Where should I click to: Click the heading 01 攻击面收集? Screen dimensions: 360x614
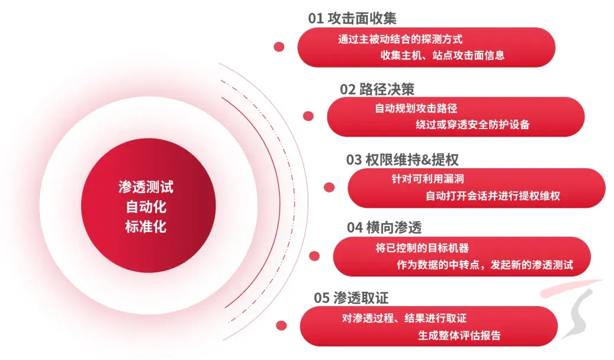348,18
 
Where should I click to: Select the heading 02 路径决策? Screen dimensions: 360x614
377,89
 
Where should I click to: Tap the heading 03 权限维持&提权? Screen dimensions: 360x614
402,159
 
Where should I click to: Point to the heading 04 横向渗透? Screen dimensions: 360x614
384,227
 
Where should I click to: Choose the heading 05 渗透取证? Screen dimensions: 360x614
352,298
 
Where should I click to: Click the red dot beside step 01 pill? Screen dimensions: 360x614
279,47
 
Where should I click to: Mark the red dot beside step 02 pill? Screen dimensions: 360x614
308,116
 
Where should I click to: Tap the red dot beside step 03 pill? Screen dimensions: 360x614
329,187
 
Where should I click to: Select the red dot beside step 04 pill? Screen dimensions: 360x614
314,256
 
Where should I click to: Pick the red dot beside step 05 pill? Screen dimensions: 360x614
281,325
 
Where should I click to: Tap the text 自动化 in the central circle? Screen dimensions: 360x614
146,207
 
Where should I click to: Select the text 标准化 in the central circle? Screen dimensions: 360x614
146,226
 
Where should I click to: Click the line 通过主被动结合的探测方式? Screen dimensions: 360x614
400,40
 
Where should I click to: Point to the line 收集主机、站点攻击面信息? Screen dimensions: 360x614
442,56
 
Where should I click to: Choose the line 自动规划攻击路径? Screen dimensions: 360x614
416,109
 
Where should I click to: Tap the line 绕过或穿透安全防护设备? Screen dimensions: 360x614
472,125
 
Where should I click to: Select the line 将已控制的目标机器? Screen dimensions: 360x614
422,249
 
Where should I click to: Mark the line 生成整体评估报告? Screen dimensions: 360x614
459,335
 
